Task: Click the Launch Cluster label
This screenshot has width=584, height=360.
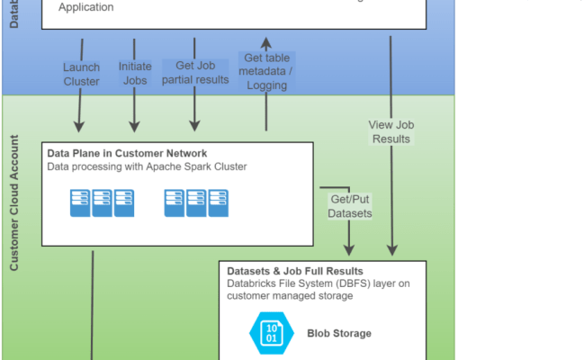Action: tap(82, 74)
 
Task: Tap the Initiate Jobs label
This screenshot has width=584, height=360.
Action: tap(135, 74)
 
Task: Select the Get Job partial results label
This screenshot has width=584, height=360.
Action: tap(195, 73)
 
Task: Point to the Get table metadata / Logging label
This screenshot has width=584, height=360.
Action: tap(265, 72)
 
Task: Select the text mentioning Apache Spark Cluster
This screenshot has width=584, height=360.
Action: tap(146, 166)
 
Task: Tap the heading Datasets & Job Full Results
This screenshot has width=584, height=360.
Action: tap(295, 271)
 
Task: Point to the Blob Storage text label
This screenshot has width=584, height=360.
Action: tap(338, 333)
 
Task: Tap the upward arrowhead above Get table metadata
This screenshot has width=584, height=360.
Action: tap(265, 41)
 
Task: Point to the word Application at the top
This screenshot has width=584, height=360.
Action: tap(86, 7)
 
